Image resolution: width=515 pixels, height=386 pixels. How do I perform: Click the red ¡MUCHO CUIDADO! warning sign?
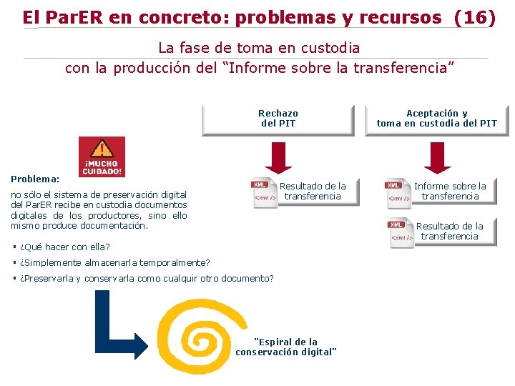(102, 157)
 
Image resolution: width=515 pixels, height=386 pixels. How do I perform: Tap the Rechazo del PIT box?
(278, 119)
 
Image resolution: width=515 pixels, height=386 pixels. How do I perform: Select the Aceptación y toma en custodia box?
(436, 119)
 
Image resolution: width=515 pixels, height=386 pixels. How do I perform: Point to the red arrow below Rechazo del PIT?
(278, 157)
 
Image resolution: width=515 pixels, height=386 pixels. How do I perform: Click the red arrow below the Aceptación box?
(437, 157)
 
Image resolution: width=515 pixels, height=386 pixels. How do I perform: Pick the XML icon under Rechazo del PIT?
(265, 193)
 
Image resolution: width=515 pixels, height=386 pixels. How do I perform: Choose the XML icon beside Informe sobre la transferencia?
(399, 193)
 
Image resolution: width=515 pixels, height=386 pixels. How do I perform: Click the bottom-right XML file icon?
(401, 232)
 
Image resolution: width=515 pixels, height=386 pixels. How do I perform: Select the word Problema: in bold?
(35, 179)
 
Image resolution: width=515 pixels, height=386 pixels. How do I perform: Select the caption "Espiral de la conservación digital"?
(286, 347)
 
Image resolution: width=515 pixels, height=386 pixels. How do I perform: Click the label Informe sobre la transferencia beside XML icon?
(450, 191)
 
